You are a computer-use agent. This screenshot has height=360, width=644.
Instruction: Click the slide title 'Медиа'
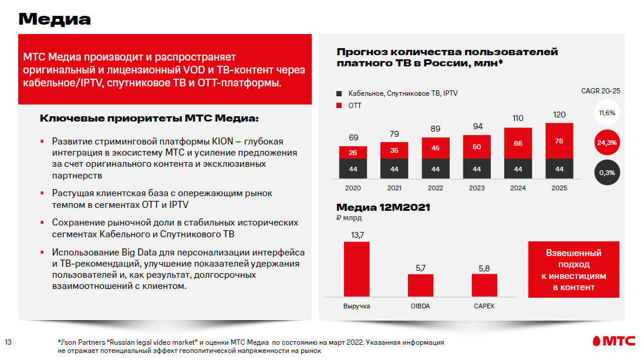click(x=55, y=19)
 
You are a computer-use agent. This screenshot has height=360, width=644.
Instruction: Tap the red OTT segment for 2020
click(x=353, y=153)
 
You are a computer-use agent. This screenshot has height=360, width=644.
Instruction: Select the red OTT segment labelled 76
click(x=559, y=141)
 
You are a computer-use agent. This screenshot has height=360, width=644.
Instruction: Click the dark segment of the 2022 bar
click(x=436, y=169)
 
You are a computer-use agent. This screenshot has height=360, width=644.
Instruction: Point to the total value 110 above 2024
click(x=518, y=118)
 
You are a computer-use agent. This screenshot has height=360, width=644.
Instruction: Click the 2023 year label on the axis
click(x=477, y=188)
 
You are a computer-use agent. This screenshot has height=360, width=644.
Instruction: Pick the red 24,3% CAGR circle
click(x=607, y=143)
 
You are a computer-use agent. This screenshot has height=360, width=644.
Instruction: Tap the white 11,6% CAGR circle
click(x=607, y=112)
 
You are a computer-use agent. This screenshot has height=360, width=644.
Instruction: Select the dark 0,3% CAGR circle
click(x=607, y=173)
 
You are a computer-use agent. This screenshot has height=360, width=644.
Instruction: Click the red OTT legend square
click(x=339, y=106)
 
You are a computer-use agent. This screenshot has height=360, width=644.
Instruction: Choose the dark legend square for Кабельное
click(x=339, y=93)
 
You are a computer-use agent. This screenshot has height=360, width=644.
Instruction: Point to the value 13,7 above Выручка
click(x=357, y=235)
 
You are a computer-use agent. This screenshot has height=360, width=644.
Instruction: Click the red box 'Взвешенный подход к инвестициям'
click(x=574, y=270)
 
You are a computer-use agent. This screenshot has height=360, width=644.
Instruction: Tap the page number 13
click(x=8, y=342)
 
